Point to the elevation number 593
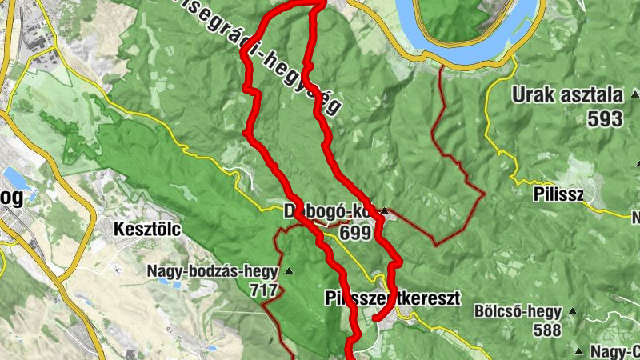(x=604, y=119)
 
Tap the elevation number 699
(x=355, y=233)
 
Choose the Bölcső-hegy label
(x=518, y=310)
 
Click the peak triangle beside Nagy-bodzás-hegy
(x=289, y=272)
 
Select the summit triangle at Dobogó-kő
(x=385, y=212)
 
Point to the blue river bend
(x=456, y=48)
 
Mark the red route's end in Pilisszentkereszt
(x=375, y=319)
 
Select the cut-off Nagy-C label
(x=614, y=350)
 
